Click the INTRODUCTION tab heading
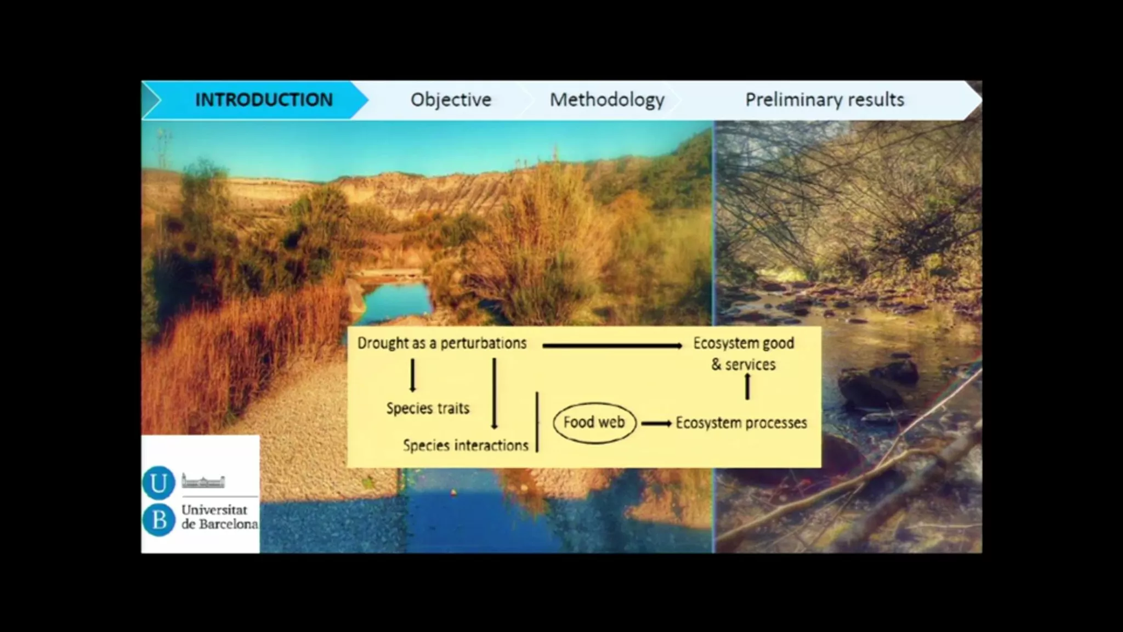tap(264, 100)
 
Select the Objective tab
tap(451, 100)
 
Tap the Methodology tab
tap(607, 100)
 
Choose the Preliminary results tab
tap(825, 100)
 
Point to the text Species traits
tap(428, 408)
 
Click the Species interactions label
tap(466, 445)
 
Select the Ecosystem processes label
tap(741, 423)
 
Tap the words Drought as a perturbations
tap(442, 343)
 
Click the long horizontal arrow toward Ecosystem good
tap(612, 346)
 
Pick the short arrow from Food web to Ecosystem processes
tap(656, 424)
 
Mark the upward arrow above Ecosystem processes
tap(747, 386)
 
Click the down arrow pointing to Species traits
tap(412, 375)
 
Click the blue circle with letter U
tap(158, 483)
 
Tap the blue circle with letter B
tap(158, 520)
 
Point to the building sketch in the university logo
tap(203, 481)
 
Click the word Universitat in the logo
tap(214, 510)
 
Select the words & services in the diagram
tap(744, 365)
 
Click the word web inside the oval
tap(611, 422)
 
